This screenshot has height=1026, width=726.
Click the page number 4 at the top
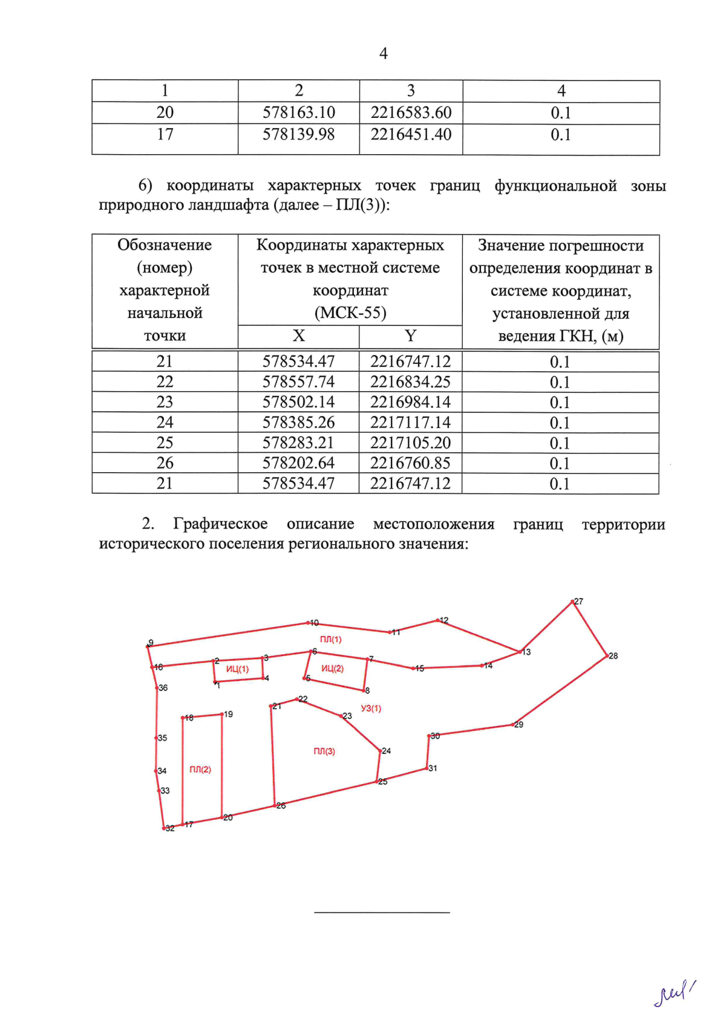point(383,54)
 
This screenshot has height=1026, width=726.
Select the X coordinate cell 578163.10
point(299,113)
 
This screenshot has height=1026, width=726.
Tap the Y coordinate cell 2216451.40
point(411,134)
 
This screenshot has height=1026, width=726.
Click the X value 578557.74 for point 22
point(298,382)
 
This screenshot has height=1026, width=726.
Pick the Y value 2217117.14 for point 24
point(410,423)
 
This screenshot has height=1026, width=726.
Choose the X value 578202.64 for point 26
point(298,463)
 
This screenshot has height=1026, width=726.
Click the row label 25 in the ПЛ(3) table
point(165,443)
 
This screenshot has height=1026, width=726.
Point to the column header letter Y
point(410,336)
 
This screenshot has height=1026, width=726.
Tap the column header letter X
point(298,336)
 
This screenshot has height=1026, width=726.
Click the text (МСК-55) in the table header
point(350,313)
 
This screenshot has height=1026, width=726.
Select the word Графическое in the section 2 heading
point(220,524)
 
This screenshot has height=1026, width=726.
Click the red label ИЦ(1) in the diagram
point(237,669)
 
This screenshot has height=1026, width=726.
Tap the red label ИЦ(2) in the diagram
point(332,669)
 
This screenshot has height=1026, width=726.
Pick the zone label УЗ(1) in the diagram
point(371,709)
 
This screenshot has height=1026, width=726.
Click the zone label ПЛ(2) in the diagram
point(200,770)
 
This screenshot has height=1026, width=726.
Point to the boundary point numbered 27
point(573,602)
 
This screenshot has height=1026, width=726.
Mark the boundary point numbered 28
point(607,656)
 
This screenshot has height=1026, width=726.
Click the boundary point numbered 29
point(513,724)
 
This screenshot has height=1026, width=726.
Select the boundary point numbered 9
point(148,646)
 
